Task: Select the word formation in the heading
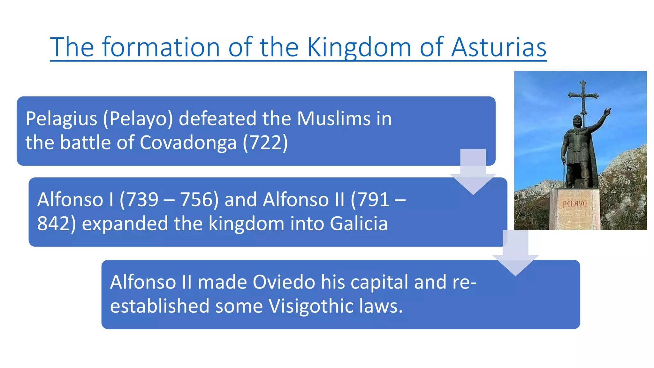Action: point(161,47)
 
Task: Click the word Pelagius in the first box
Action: point(61,119)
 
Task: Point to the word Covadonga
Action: point(188,142)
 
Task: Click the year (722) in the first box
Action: point(265,142)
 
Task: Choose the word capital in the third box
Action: point(379,282)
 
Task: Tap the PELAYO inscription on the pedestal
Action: point(574,203)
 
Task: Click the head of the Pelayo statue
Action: point(577,121)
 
